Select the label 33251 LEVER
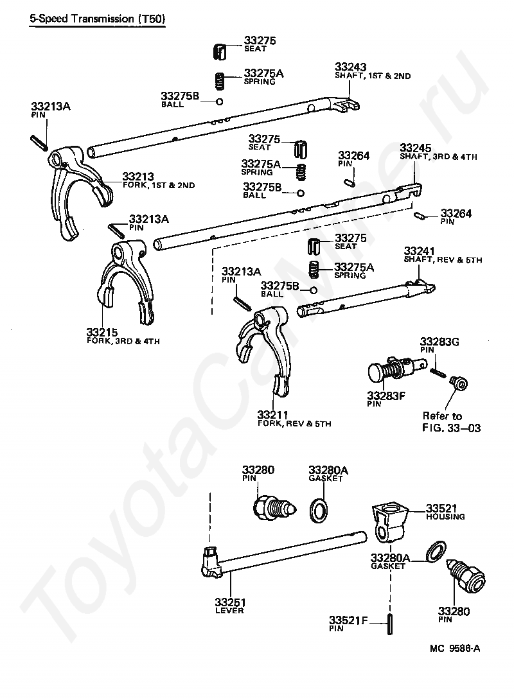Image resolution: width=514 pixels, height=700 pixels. click(229, 606)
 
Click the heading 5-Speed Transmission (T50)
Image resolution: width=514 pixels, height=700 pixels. click(97, 19)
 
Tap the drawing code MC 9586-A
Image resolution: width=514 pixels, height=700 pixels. click(454, 650)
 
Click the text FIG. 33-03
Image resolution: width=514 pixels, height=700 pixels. click(451, 428)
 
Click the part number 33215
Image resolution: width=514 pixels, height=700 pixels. click(102, 333)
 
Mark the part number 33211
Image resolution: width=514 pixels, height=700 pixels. click(272, 415)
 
